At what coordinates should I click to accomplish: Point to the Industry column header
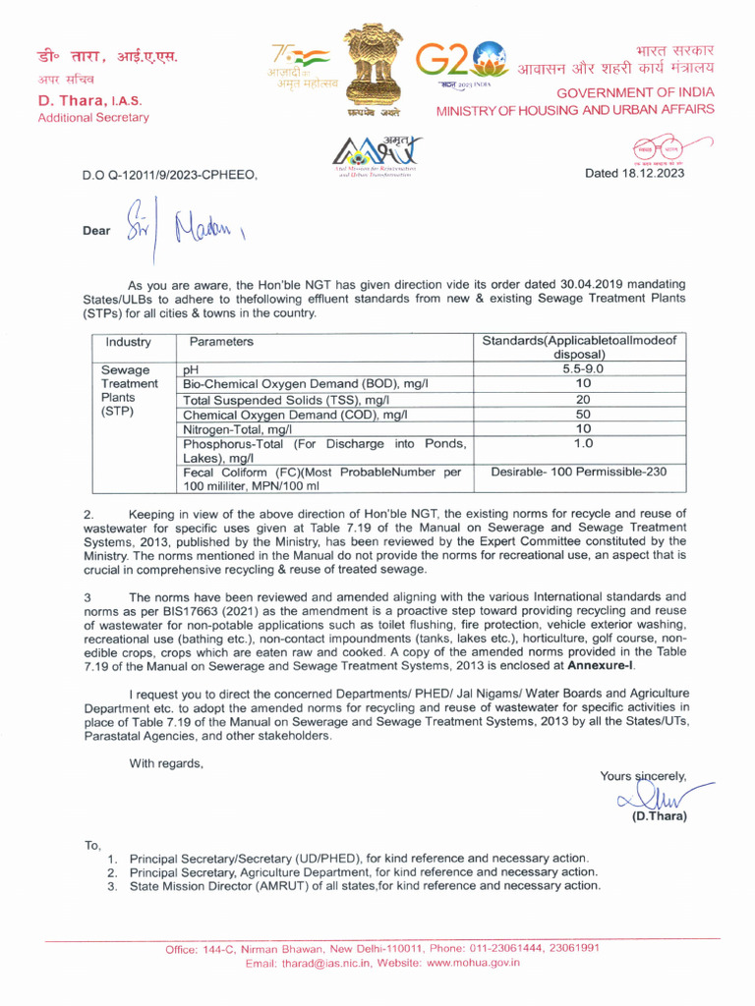pos(128,342)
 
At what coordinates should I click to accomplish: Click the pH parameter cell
pos(192,369)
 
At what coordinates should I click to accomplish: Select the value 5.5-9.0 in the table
pos(583,368)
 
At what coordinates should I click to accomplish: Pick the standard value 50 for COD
pos(583,415)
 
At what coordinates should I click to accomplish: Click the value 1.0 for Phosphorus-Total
pos(583,444)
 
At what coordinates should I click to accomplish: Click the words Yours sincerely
pos(643,775)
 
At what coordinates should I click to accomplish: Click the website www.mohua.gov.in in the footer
pos(473,963)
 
